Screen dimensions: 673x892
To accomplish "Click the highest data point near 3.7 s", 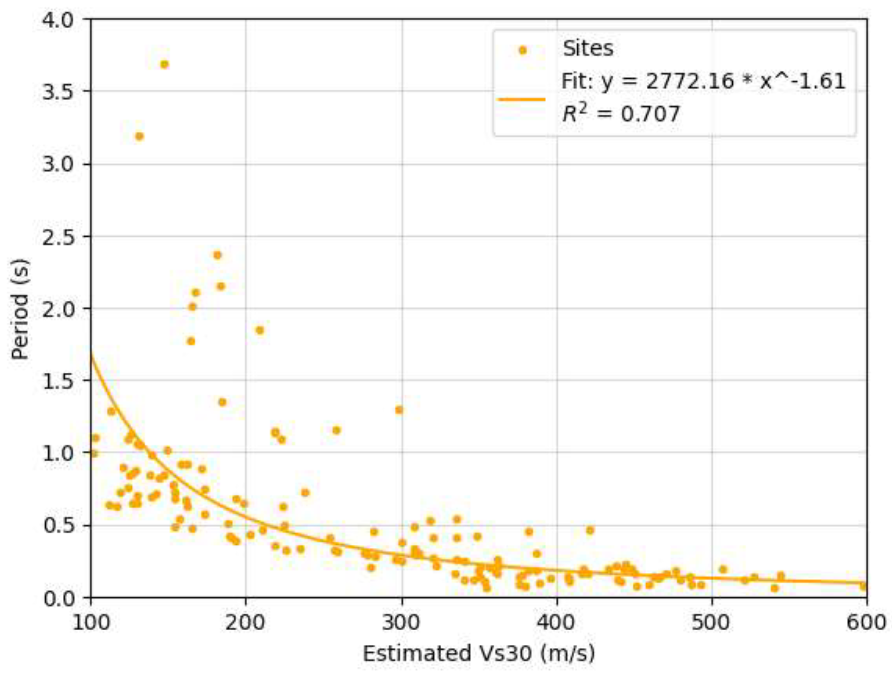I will click(x=164, y=65).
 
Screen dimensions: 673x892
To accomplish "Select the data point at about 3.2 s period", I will click(x=139, y=136).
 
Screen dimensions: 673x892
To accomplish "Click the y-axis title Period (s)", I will click(x=20, y=309).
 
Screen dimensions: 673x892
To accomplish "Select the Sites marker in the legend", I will click(x=523, y=50).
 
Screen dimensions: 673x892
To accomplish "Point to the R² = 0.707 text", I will click(x=621, y=114).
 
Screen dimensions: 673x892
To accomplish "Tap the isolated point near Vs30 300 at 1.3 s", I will click(x=399, y=410).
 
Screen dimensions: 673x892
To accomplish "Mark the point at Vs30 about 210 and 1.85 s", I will click(x=260, y=330).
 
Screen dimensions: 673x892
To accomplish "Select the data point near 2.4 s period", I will click(x=217, y=255).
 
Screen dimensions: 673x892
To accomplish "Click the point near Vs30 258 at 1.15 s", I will click(x=336, y=430).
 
